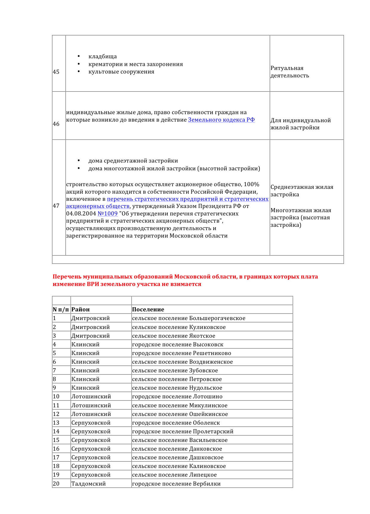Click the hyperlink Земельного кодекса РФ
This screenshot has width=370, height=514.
point(221,120)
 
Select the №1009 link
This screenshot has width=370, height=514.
point(107,214)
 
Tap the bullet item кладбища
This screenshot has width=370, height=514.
point(102,56)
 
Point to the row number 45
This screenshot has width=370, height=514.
point(56,72)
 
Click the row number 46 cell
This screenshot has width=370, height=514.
point(56,124)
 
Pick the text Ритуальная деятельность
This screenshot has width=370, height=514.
point(289,72)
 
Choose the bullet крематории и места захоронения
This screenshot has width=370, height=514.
point(135,64)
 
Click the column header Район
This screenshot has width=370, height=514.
point(81,310)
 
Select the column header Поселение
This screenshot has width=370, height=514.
point(148,310)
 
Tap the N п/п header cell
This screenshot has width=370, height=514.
point(61,310)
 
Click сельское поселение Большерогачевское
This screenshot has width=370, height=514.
point(189,318)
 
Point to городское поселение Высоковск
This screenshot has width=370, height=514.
point(178,345)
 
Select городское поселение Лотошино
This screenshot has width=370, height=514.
point(177,397)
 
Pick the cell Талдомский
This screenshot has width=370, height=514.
point(88,484)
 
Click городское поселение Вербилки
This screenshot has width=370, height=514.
point(176,484)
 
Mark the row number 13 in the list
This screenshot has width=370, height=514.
point(56,423)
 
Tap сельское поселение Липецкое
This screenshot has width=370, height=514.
point(174,475)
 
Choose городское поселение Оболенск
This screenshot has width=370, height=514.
point(176,423)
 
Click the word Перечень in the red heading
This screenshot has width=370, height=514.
point(67,277)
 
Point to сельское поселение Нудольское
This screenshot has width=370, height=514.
point(177,388)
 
